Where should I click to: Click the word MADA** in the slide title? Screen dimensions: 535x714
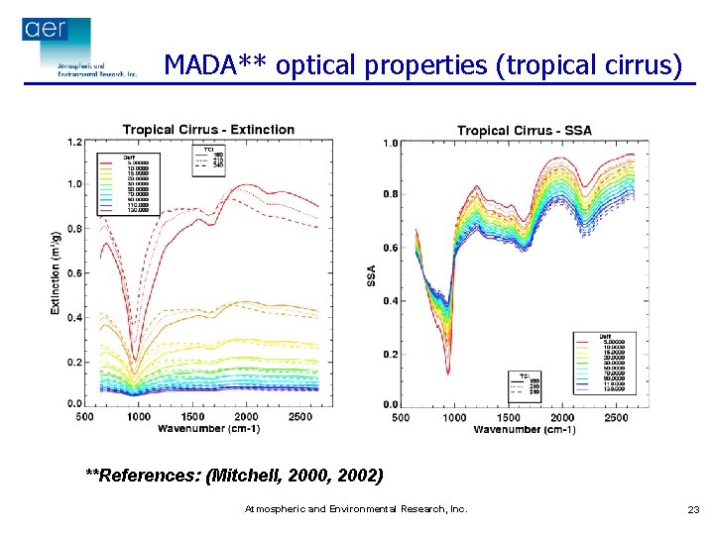tap(216, 65)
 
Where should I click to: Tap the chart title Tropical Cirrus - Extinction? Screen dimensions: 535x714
tap(208, 130)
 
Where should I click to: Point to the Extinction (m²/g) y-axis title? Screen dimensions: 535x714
tap(57, 268)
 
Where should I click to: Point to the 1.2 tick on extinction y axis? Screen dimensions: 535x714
tap(74, 143)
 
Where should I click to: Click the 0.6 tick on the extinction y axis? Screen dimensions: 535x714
tap(74, 272)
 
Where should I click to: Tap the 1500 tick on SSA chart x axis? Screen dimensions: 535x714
tap(508, 417)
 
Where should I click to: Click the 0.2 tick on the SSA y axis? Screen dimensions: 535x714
tap(391, 355)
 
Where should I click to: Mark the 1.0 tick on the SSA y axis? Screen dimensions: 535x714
tap(391, 144)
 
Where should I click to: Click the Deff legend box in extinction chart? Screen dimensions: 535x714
tap(126, 185)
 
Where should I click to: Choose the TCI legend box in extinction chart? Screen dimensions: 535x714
tap(208, 160)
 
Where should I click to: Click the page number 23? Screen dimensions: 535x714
tap(693, 509)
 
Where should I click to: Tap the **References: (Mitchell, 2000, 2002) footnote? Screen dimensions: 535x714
tap(234, 476)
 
